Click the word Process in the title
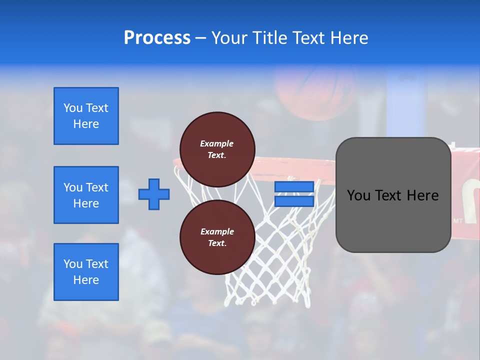pos(157,38)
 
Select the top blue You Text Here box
pos(86,116)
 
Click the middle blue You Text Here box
pos(86,195)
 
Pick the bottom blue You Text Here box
pos(86,271)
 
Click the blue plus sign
pos(154,194)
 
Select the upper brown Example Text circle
pos(217,149)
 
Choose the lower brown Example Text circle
pos(217,237)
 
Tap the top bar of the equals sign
pos(294,186)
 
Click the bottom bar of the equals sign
pos(294,201)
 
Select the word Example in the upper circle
pos(217,143)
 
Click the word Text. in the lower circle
pos(217,243)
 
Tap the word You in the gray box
pos(358,195)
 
